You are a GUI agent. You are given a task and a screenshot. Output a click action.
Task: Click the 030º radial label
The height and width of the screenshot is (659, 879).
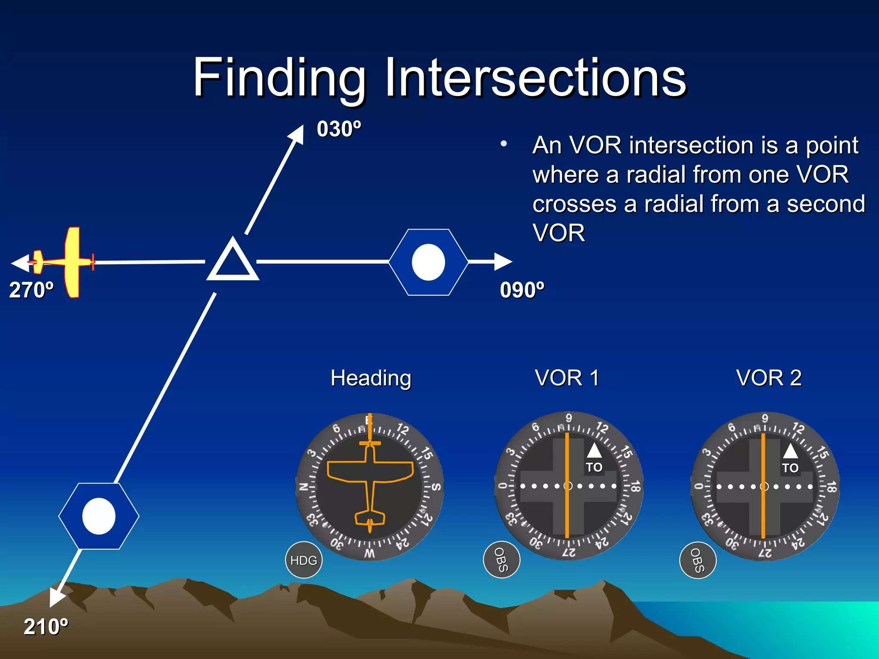point(339,129)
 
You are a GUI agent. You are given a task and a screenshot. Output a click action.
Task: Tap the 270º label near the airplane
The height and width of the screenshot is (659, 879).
point(31,290)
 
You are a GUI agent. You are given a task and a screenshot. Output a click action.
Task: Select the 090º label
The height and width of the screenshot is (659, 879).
point(522,290)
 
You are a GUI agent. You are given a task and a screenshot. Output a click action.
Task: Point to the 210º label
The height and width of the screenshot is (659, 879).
point(46,627)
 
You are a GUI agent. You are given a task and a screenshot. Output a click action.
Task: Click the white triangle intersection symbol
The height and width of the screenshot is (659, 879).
point(233,261)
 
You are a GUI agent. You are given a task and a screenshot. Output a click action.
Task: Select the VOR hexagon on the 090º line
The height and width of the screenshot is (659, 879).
point(428,262)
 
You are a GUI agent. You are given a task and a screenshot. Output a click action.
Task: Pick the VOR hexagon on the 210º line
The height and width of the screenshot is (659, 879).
point(99,516)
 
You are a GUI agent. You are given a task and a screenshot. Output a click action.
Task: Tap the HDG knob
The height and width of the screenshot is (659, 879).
point(303,560)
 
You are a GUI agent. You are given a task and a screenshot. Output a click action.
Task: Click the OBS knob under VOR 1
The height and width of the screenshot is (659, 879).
point(501,560)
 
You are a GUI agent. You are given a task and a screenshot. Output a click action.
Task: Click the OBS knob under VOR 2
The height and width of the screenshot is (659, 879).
point(697,560)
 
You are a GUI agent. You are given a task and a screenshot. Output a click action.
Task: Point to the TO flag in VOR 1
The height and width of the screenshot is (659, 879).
point(594,467)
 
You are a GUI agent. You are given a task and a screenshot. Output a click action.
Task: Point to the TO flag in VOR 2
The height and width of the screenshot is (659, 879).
point(790,468)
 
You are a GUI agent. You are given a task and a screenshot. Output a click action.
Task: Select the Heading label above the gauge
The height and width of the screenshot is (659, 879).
point(371,378)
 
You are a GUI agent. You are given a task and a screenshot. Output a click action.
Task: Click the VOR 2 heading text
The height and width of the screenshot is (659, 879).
point(769,378)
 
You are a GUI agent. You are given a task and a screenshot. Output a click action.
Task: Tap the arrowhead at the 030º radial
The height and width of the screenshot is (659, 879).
point(297,134)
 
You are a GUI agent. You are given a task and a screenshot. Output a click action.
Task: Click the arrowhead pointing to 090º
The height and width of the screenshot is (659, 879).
point(503,261)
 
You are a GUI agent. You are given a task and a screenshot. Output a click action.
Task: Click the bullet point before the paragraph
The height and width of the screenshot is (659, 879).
point(504,144)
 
